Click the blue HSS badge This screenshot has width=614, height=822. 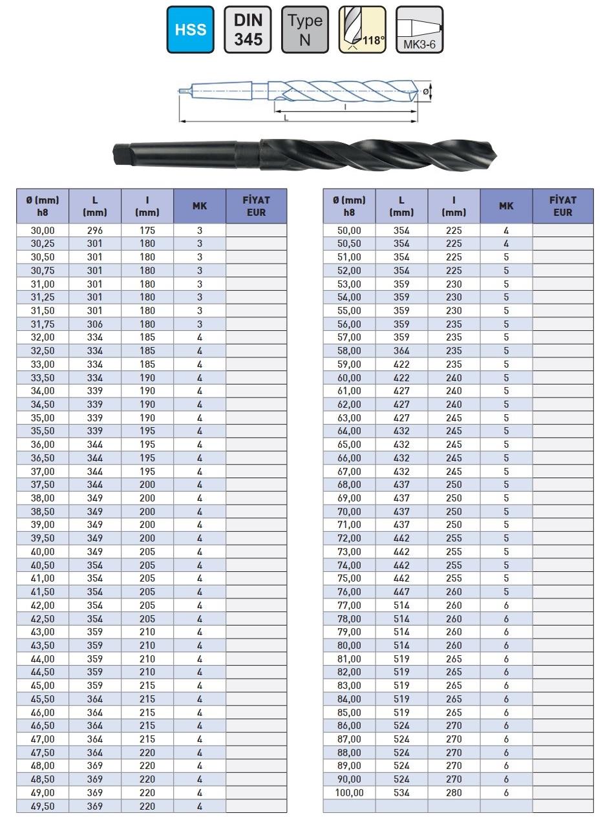click(191, 30)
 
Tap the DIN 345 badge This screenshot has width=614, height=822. click(248, 30)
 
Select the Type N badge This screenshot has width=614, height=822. click(305, 30)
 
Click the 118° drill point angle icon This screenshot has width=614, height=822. click(362, 30)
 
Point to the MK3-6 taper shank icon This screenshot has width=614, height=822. click(419, 30)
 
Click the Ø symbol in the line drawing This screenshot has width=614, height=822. click(425, 92)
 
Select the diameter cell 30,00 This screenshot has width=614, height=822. click(43, 231)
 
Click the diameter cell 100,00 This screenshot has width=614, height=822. click(349, 793)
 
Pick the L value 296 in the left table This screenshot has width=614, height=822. click(95, 231)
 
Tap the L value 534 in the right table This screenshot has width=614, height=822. click(401, 793)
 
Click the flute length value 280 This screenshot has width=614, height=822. click(454, 793)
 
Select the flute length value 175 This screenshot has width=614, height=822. click(147, 231)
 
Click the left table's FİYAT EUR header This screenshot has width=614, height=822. click(256, 206)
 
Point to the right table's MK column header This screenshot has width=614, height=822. click(506, 206)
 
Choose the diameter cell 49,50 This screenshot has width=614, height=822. click(43, 806)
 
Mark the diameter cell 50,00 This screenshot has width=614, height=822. click(349, 231)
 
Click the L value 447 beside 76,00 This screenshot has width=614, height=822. click(401, 592)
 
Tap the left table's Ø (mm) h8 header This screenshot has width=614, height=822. click(43, 206)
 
